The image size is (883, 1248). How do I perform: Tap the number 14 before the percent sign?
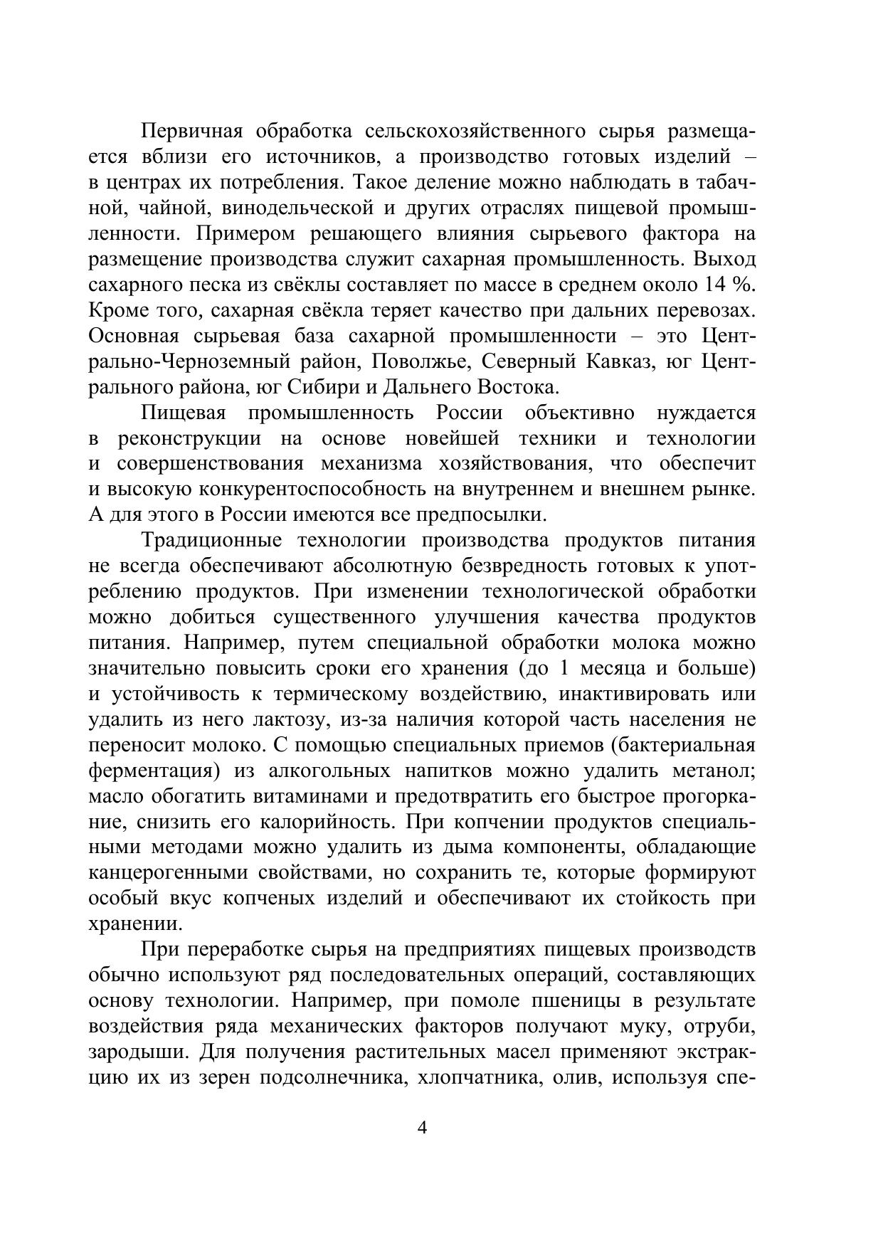(715, 285)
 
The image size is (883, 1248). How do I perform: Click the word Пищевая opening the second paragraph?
(184, 413)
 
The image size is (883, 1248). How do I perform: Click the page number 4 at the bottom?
(423, 1129)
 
